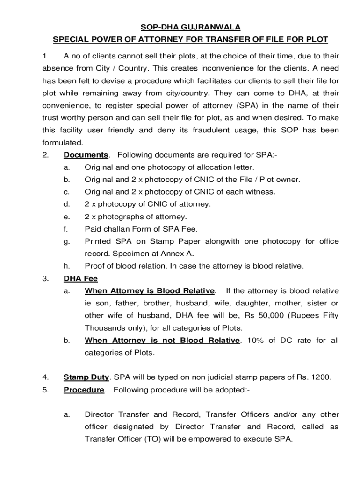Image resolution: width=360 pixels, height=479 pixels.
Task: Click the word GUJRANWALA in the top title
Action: (206, 28)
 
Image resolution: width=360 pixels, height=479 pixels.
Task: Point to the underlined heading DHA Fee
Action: (80, 279)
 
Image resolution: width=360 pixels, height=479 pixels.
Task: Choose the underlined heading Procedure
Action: (84, 390)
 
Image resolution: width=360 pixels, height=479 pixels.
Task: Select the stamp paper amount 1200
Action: (320, 377)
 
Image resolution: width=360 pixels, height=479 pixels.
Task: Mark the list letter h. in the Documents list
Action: (67, 266)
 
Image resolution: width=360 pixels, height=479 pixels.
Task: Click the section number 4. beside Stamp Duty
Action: (45, 377)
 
